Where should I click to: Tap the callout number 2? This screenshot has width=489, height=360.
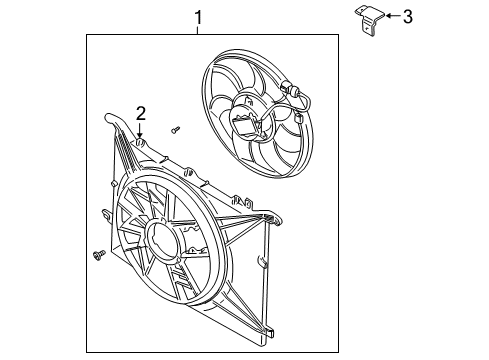(x=141, y=112)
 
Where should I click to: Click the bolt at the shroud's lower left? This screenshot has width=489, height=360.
(x=98, y=255)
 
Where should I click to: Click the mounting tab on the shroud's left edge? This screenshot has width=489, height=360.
(x=104, y=213)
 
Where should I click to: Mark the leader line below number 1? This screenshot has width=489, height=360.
(x=198, y=29)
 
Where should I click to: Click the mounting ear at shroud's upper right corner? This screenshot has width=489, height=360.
(x=270, y=215)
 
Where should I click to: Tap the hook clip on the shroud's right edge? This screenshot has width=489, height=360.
(x=263, y=262)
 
